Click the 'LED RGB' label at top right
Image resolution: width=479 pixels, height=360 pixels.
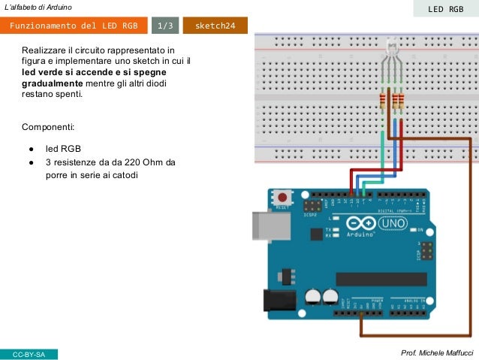click(x=446, y=9)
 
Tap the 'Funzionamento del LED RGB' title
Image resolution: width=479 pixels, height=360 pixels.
click(x=74, y=26)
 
